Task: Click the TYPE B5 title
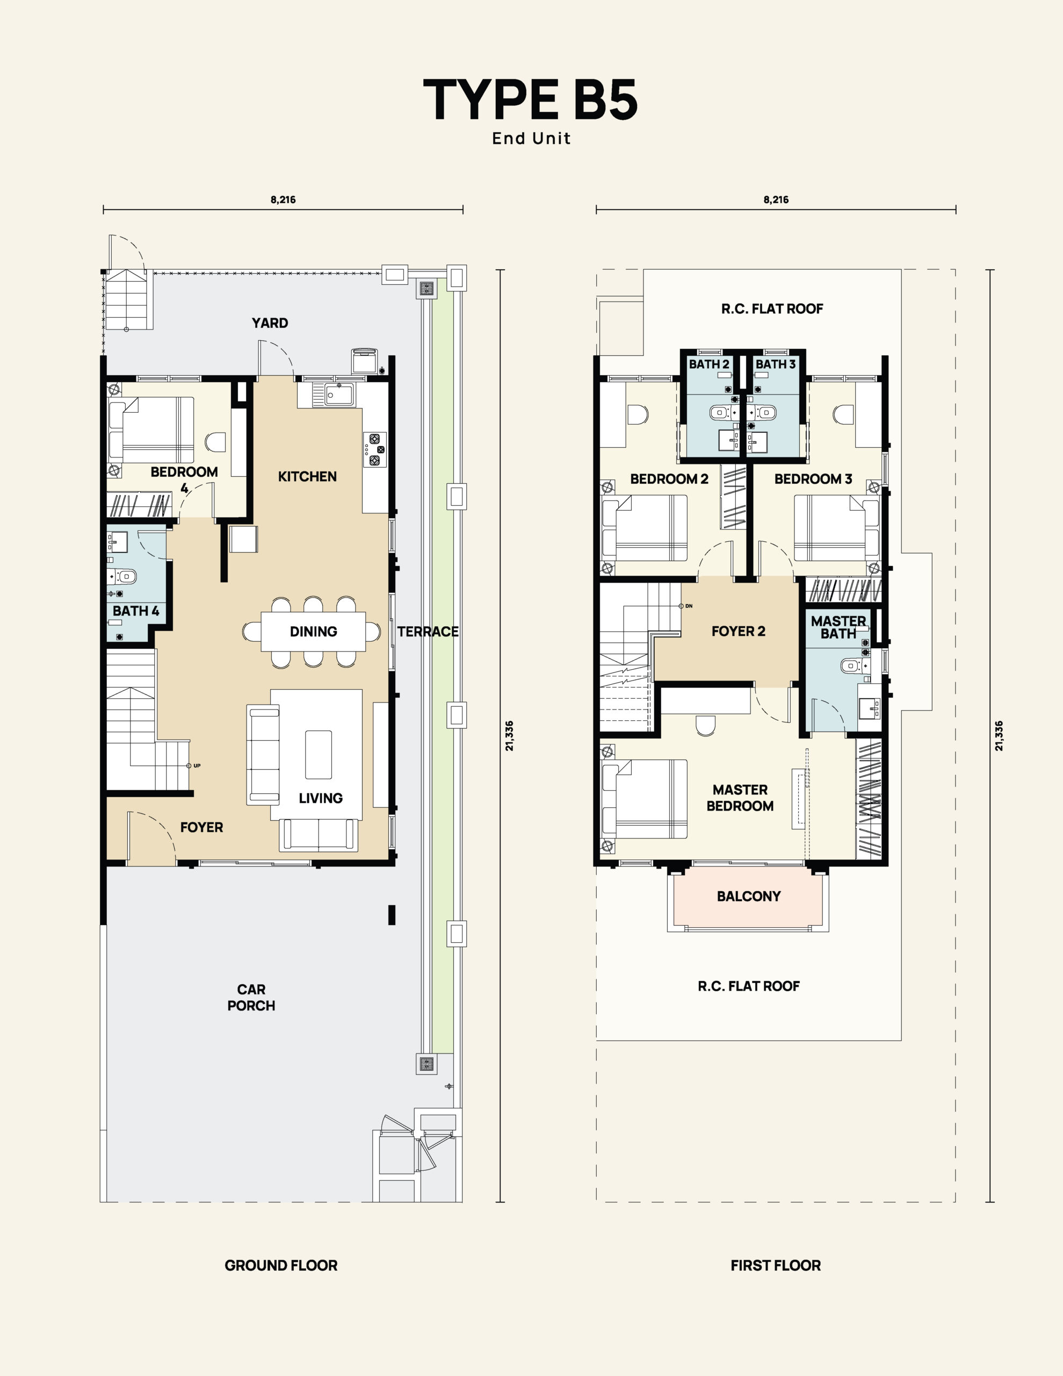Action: click(x=531, y=99)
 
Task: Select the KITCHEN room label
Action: click(x=307, y=476)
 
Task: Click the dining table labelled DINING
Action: click(x=313, y=632)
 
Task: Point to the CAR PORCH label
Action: click(x=251, y=998)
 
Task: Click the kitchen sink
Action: click(x=339, y=395)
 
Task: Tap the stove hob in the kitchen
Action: click(x=375, y=449)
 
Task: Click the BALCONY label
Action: click(x=749, y=896)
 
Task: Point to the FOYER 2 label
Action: click(x=738, y=632)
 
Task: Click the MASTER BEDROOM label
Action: click(x=740, y=798)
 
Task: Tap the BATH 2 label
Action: click(x=708, y=364)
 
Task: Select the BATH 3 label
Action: click(x=775, y=364)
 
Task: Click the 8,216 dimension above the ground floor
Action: click(x=283, y=200)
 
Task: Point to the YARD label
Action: click(x=270, y=323)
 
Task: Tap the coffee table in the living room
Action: click(x=319, y=754)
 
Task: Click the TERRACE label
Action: click(x=428, y=632)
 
